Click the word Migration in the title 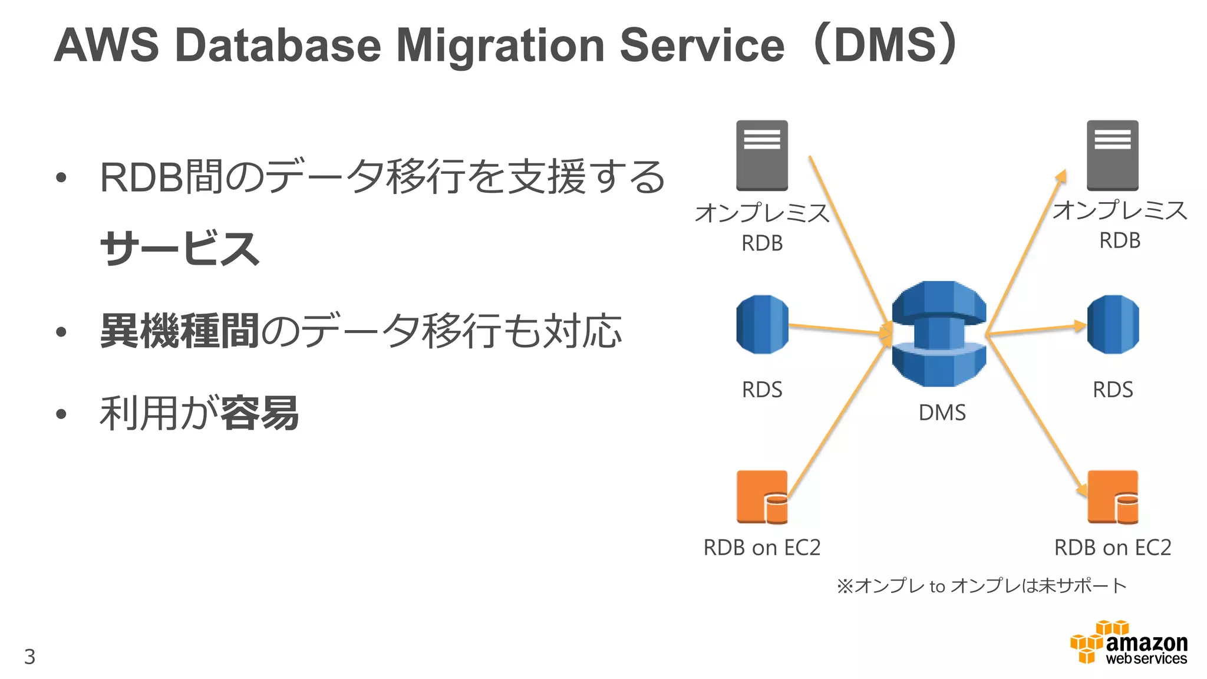[500, 46]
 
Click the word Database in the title [278, 46]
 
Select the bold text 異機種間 [180, 331]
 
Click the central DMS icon [939, 334]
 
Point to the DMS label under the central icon [942, 413]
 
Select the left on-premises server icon [761, 156]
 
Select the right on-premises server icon [1112, 156]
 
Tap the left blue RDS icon [762, 325]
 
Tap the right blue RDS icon [1113, 325]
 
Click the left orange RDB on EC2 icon [762, 497]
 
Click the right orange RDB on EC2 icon [1113, 497]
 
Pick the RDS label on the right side [1113, 390]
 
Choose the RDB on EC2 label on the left [761, 548]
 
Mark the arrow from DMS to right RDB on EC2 [1037, 416]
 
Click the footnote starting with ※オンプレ [981, 586]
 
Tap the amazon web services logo [1129, 644]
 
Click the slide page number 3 [30, 657]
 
